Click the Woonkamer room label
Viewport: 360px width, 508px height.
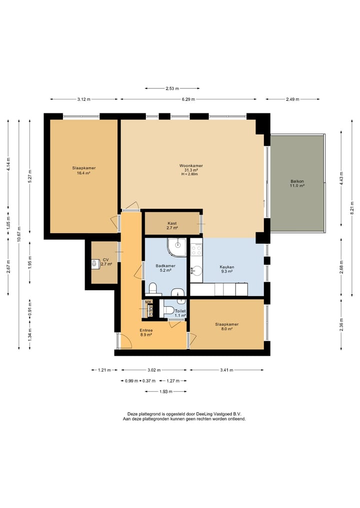[x=191, y=165]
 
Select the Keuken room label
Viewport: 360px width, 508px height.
[x=226, y=267]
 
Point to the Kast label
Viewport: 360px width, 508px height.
[x=172, y=223]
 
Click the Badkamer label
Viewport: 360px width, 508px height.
[x=165, y=266]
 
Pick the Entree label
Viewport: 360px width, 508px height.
[x=146, y=331]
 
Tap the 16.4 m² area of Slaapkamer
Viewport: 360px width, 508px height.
[x=83, y=173]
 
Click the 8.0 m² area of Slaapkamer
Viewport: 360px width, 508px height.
[x=226, y=329]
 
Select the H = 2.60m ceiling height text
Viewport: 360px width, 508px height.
[x=189, y=174]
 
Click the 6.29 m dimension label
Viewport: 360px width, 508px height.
[x=188, y=99]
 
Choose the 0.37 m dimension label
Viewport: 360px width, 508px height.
[x=149, y=381]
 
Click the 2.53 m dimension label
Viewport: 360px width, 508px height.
[x=172, y=88]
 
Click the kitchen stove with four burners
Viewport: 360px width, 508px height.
[x=196, y=249]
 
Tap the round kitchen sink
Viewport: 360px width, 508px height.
[x=196, y=271]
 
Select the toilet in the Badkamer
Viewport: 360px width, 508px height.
[x=152, y=288]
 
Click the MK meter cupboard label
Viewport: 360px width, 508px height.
[x=148, y=302]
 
